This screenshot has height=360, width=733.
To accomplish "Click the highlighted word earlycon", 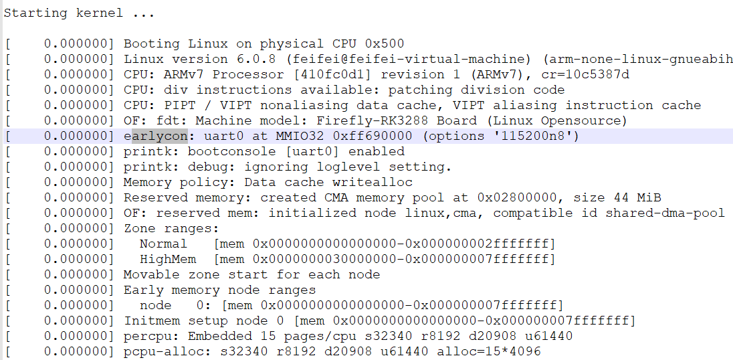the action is tap(156, 136).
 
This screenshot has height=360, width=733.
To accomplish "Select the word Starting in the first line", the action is tap(36, 13).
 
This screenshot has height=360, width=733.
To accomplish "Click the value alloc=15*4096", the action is tap(489, 351).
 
